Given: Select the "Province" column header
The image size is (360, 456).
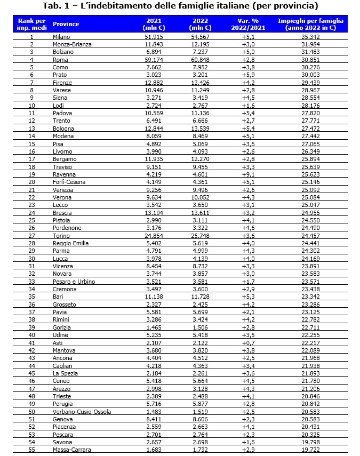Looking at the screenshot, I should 66,25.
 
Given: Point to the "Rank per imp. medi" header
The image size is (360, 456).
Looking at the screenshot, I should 31,25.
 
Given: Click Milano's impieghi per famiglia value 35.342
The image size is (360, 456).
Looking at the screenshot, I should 311,36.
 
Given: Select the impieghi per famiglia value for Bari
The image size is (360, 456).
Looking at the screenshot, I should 311,296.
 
